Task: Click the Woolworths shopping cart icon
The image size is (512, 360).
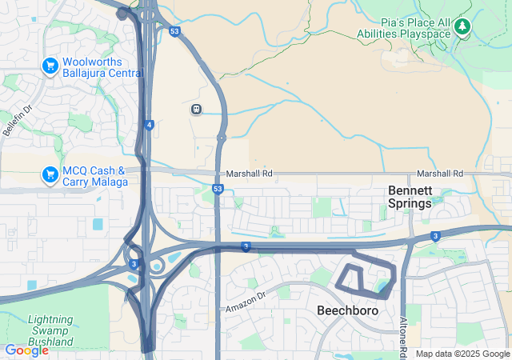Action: [50, 64]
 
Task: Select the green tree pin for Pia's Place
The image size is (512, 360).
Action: [462, 27]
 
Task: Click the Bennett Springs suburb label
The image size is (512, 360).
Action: [410, 197]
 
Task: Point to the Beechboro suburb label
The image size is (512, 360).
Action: [347, 310]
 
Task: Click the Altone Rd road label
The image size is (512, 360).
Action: [404, 335]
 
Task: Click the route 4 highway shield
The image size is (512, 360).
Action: [150, 125]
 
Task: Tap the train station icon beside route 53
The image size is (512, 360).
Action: [196, 109]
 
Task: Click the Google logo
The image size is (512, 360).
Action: [26, 350]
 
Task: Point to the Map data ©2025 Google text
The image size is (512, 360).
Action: [462, 354]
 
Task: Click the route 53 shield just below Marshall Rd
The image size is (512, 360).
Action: [218, 189]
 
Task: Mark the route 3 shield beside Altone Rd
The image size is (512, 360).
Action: [434, 236]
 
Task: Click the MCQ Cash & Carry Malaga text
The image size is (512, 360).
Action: [94, 176]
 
